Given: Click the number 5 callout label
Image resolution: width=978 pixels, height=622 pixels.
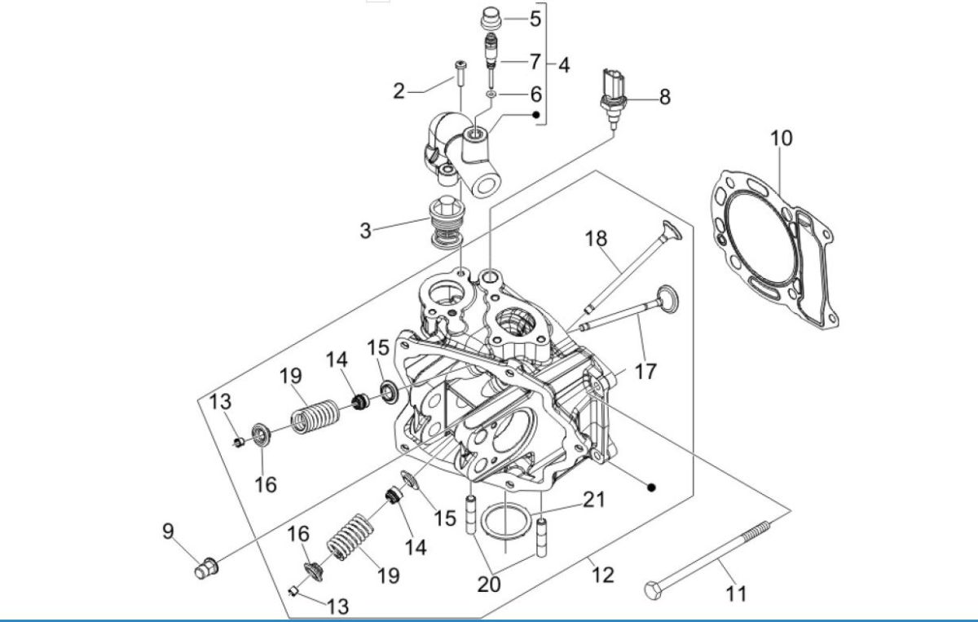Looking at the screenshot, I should point(535,18).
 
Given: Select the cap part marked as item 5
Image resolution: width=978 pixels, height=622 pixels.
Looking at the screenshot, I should point(491,18).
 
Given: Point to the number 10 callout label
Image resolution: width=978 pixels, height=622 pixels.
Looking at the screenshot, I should point(781,138).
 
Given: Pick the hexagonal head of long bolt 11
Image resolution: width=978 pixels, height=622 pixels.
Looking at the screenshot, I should point(652,589).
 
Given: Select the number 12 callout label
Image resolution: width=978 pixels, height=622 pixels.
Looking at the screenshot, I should point(601,575).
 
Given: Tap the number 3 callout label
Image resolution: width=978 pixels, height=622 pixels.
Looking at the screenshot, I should point(366,231).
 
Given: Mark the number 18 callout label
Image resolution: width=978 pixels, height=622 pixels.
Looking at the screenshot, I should point(596,238).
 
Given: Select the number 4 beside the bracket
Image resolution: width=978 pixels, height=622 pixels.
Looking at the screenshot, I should point(563,65).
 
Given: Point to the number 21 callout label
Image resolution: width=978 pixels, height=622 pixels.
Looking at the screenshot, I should point(594,499).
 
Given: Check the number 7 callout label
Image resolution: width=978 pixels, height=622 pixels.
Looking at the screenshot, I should point(535,61).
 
